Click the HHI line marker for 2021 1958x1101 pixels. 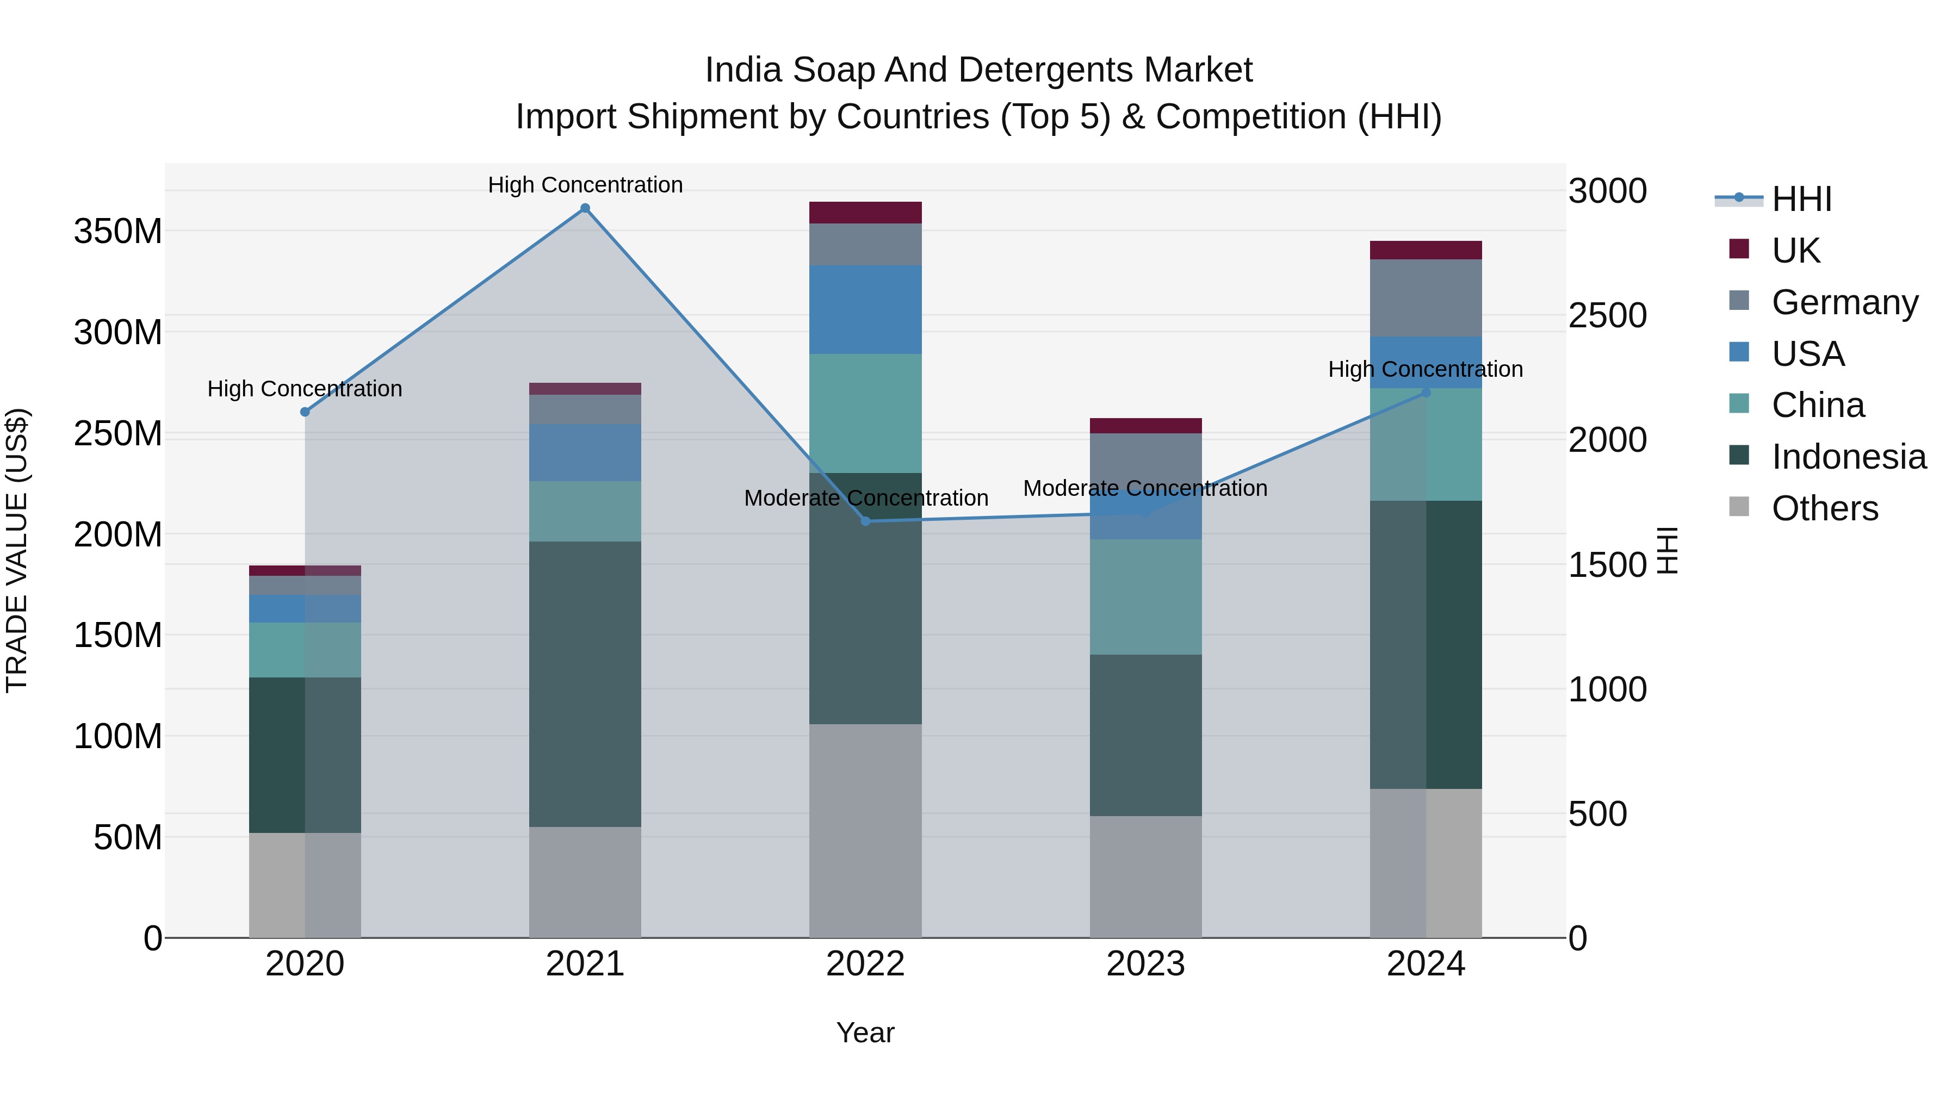click(585, 208)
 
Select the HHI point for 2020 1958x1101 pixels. click(305, 412)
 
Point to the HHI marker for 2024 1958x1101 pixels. click(1426, 393)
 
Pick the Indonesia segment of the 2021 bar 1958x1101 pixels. click(585, 684)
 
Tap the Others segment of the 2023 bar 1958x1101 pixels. click(1145, 877)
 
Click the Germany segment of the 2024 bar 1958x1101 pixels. click(1426, 298)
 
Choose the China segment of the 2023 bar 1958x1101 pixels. click(1145, 597)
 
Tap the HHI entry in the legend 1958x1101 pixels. click(1801, 199)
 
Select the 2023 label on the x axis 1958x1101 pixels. click(1145, 964)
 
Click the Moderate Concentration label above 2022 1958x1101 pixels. click(866, 499)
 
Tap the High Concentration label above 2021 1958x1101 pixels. click(585, 185)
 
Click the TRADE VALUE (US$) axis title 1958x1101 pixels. click(17, 550)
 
